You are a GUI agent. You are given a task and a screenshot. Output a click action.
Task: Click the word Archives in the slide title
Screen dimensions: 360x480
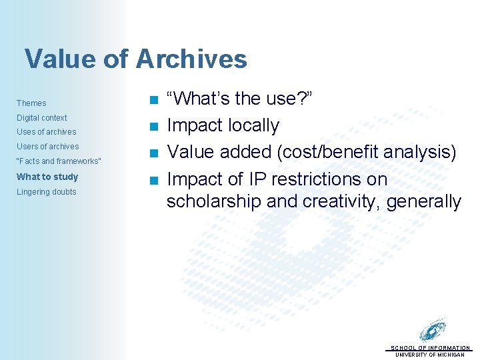pos(191,59)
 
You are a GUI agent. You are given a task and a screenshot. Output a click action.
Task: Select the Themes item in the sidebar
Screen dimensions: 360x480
pos(31,103)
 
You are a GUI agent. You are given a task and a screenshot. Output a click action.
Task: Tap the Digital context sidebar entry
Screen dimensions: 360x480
pos(41,118)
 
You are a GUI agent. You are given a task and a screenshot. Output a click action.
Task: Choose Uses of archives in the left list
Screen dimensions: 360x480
pos(46,132)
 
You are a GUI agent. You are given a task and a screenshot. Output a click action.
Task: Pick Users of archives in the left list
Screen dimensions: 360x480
pos(47,147)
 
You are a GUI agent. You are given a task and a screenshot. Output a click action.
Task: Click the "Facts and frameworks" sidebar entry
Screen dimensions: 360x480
pos(59,161)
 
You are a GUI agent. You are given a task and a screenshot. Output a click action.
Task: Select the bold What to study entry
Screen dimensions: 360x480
pos(47,177)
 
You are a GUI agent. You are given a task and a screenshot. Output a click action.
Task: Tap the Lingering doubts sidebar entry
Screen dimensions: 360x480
pos(46,192)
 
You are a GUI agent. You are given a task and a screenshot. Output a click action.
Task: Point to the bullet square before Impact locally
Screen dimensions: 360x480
pos(153,127)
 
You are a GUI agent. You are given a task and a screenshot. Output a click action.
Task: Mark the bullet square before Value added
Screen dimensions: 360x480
pos(153,153)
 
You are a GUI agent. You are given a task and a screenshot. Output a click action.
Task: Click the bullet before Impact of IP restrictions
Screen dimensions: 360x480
pos(153,180)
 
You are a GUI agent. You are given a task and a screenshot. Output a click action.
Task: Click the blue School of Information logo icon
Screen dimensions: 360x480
pos(433,331)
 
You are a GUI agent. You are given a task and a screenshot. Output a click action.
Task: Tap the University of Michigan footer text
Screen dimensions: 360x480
pos(430,355)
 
